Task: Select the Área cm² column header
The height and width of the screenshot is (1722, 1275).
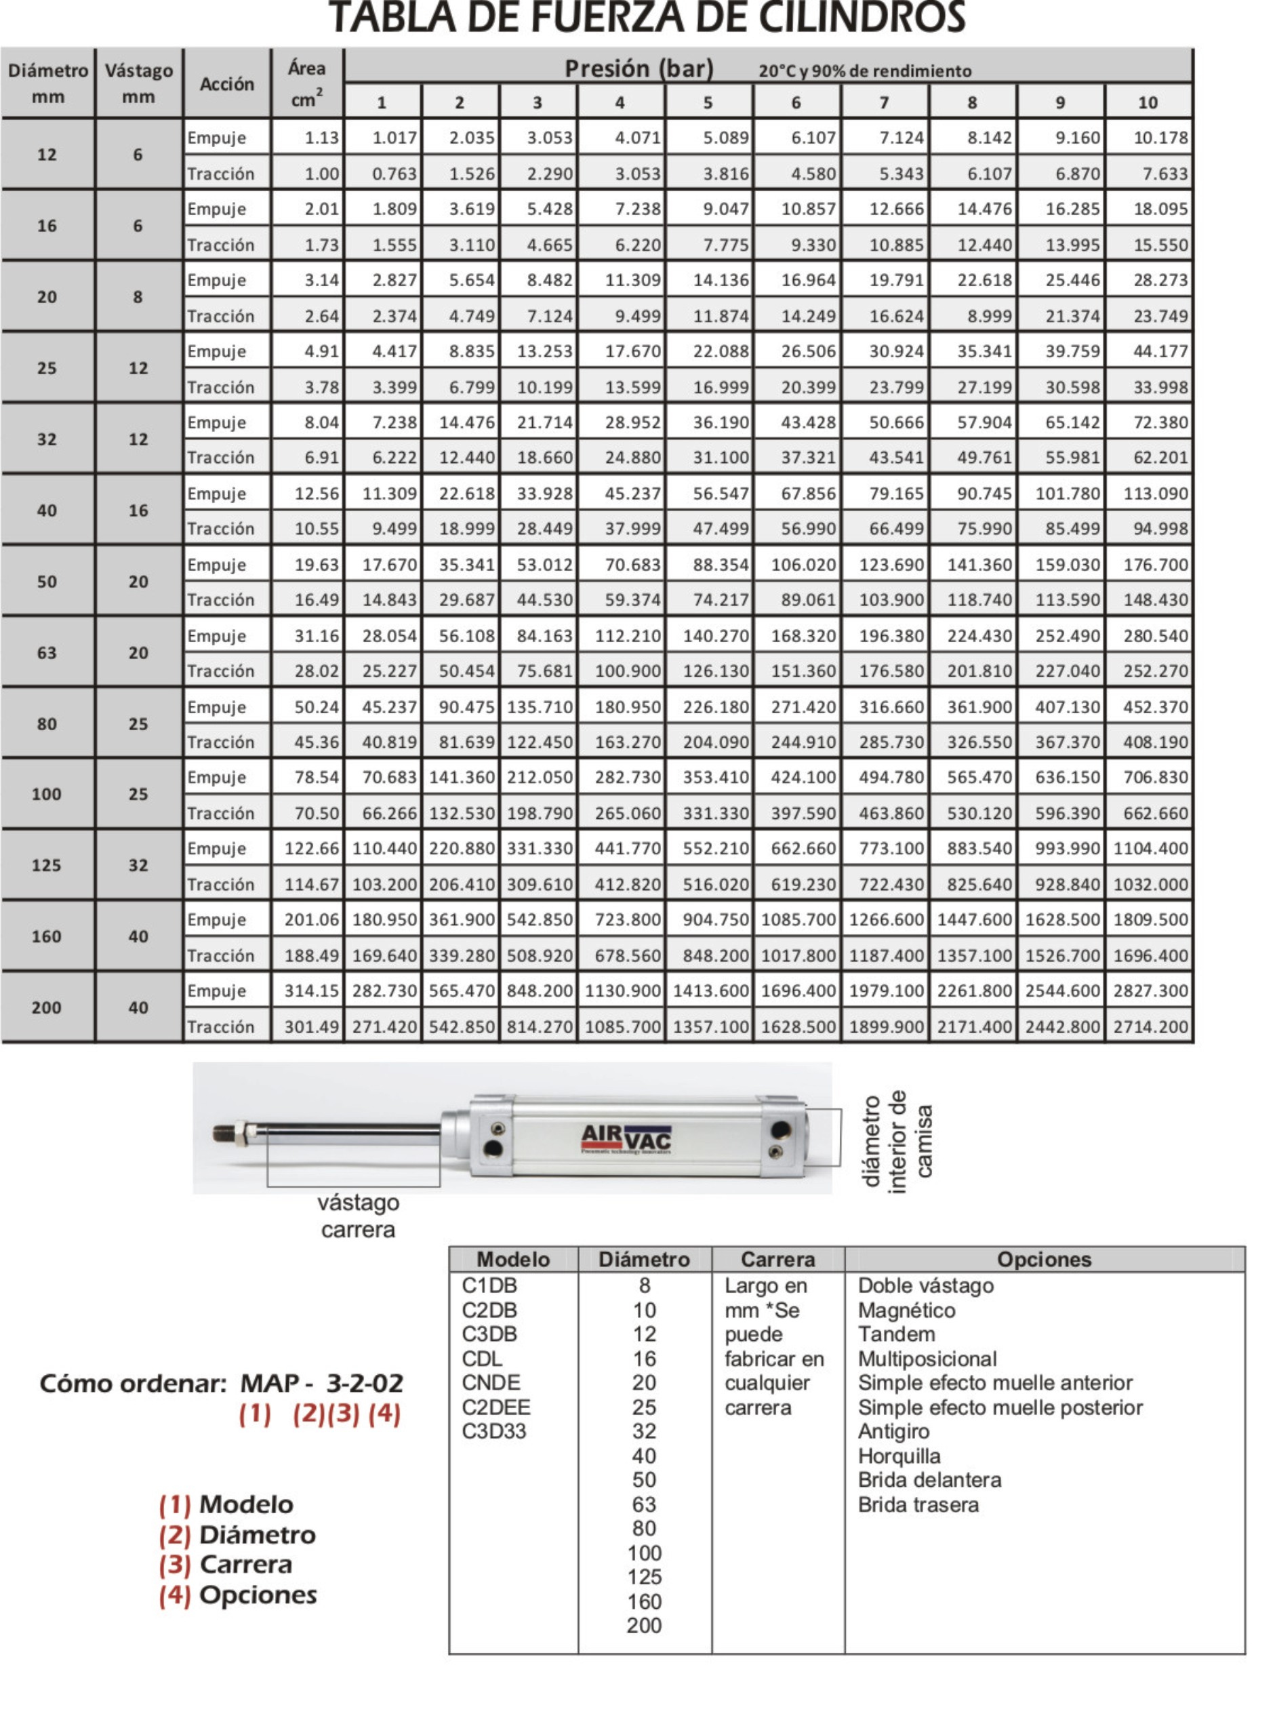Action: tap(306, 83)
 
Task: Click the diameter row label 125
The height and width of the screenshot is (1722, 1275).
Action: tap(46, 865)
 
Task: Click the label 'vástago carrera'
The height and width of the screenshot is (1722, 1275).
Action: tap(358, 1216)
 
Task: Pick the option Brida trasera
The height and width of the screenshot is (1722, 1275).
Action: tap(918, 1504)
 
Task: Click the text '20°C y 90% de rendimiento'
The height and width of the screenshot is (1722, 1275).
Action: tap(864, 72)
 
